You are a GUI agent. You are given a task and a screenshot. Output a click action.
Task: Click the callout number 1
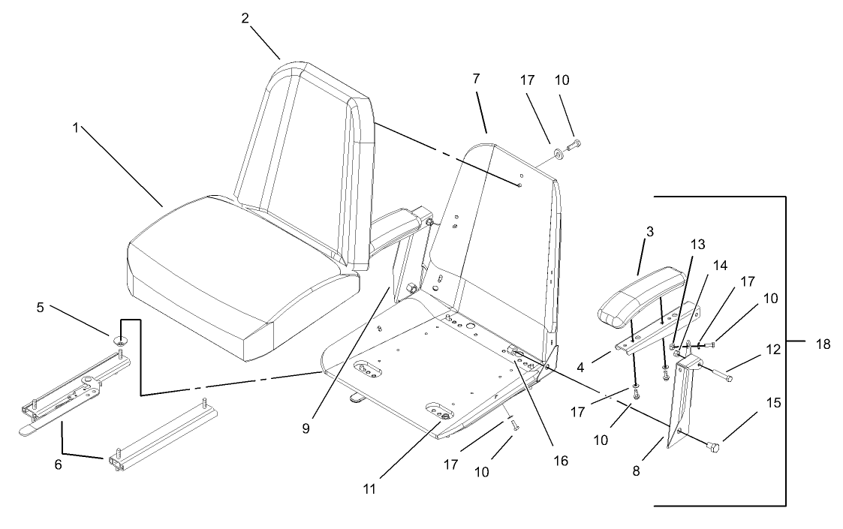[x=75, y=128]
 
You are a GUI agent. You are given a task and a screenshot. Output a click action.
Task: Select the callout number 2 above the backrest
[x=245, y=19]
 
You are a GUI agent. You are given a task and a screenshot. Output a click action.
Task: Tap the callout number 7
[x=476, y=78]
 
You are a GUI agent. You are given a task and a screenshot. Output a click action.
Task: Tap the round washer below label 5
[x=121, y=340]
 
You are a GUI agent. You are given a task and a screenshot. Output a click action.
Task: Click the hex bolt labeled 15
[x=714, y=447]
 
